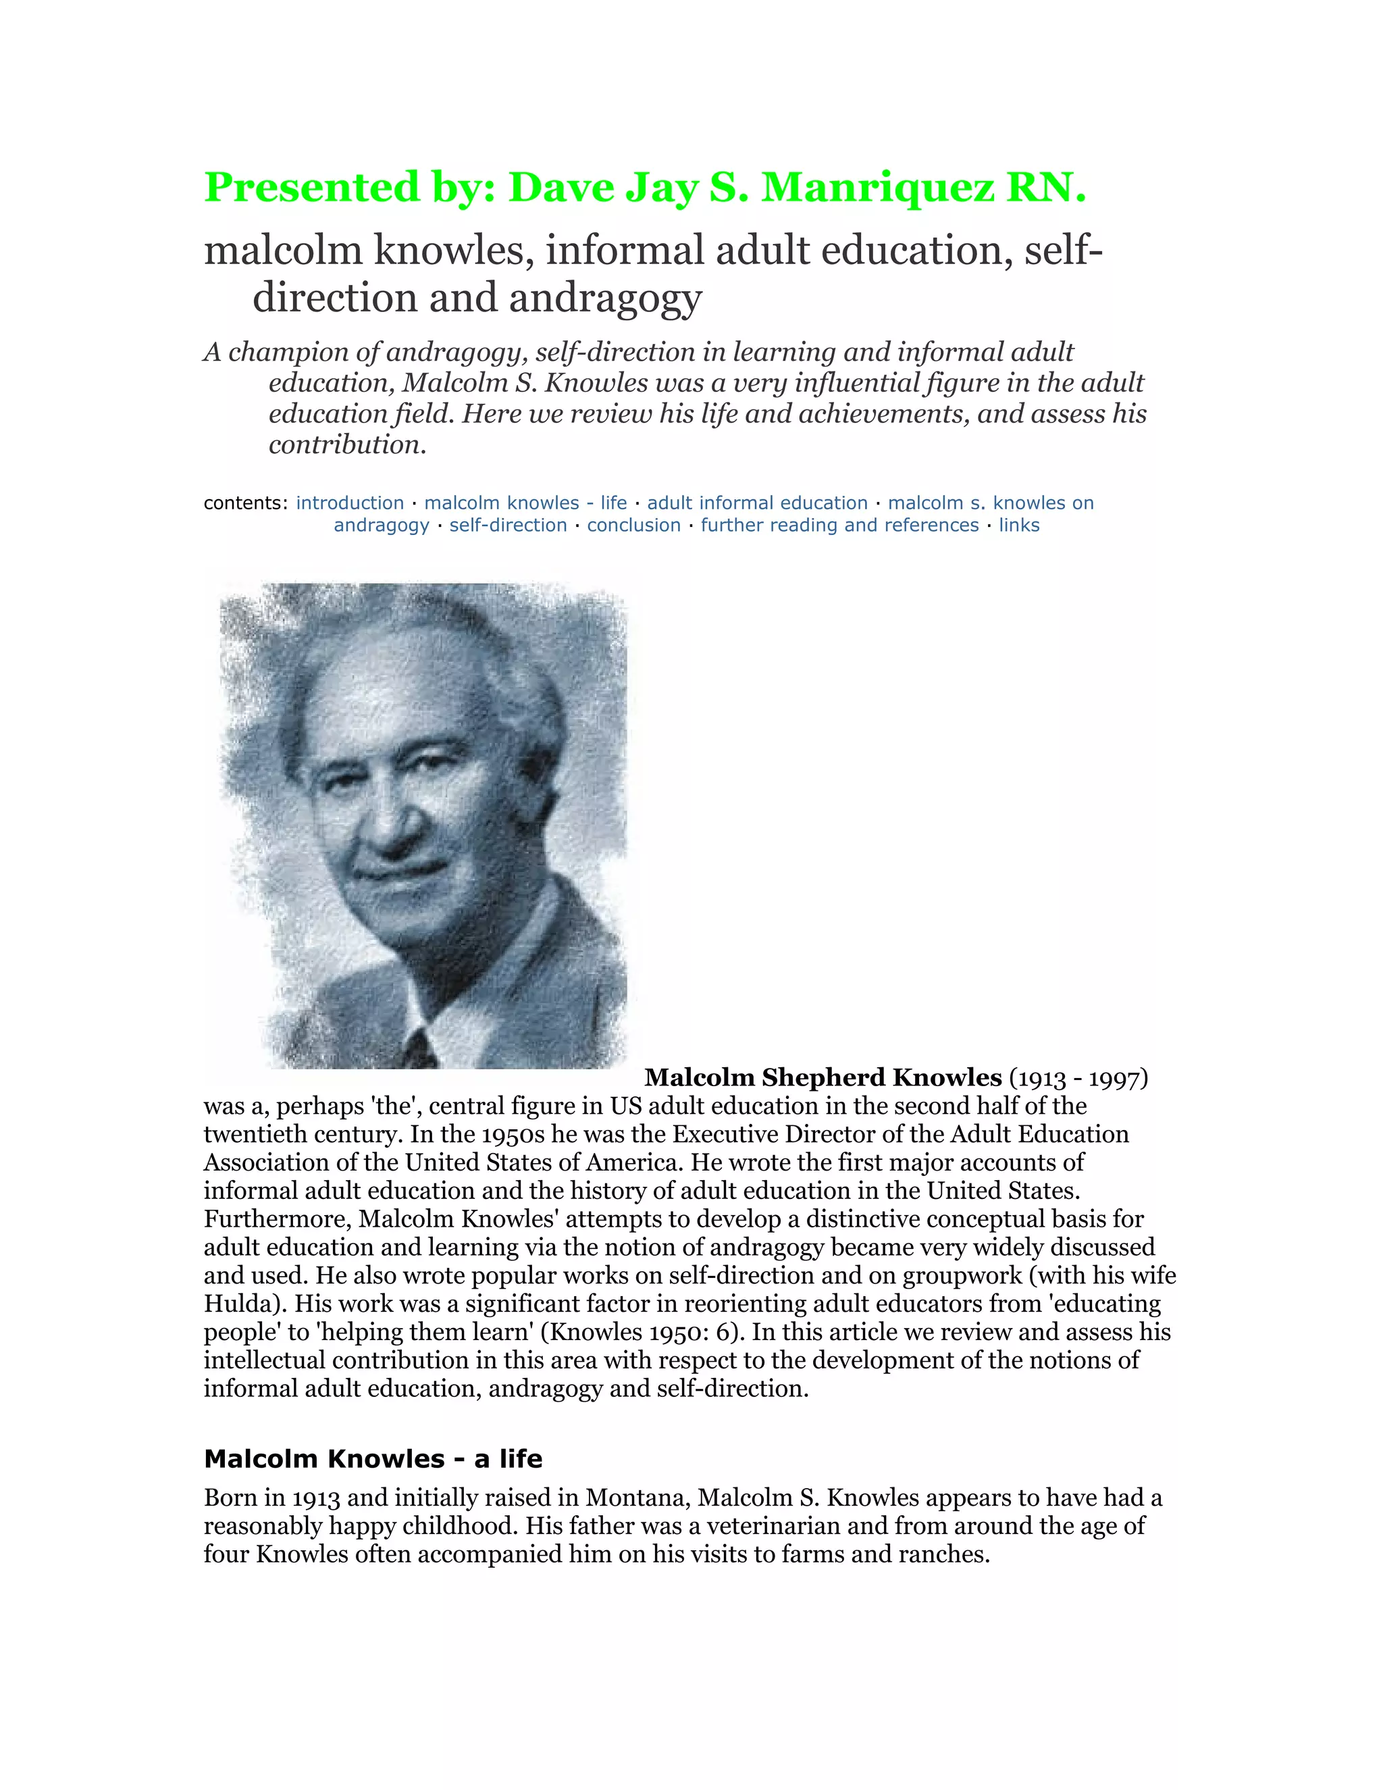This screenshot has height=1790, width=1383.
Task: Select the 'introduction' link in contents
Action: tap(350, 503)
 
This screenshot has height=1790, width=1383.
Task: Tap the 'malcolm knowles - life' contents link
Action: tap(525, 503)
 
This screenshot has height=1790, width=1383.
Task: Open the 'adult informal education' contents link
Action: tap(757, 503)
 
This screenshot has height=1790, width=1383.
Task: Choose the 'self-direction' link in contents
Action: tap(508, 526)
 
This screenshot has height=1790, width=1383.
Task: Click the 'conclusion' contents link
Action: tap(633, 526)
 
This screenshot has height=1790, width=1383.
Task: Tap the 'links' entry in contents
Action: tap(1018, 526)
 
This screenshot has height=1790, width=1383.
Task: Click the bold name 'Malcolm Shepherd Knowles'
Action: tap(823, 1077)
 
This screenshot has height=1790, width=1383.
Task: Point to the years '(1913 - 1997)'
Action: tap(1079, 1078)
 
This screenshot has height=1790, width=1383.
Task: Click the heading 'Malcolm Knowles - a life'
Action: tap(373, 1459)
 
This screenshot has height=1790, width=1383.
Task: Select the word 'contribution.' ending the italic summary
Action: tap(347, 445)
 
